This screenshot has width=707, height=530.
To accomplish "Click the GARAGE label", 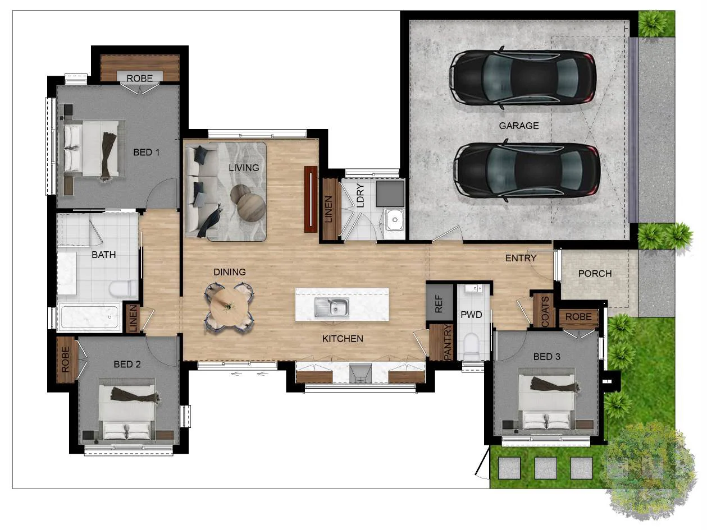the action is point(518,126).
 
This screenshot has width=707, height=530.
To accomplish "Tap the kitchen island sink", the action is point(331,307).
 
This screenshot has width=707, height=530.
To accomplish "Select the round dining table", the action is point(229,306).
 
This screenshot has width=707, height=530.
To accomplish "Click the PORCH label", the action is point(595,273).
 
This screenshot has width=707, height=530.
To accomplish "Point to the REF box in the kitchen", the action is point(439,302).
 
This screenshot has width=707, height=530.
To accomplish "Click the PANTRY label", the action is point(448,342).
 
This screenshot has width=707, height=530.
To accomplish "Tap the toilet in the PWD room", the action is point(471,347).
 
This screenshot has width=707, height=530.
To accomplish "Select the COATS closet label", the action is point(545,311).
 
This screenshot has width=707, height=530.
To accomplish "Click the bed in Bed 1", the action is point(94,149).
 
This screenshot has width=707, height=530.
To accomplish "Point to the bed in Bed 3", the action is point(546,399).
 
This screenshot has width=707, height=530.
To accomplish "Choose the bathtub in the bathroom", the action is point(89,317).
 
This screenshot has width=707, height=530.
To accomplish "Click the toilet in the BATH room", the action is point(123,288).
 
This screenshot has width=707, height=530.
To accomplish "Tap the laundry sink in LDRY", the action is point(395,219).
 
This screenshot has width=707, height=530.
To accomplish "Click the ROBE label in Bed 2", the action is point(65,360).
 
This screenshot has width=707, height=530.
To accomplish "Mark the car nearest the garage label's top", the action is point(522,77).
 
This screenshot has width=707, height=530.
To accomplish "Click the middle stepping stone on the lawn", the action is point(546,468).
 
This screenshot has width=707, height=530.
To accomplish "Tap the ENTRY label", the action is point(521,258).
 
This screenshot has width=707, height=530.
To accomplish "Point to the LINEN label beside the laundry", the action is point(328,209).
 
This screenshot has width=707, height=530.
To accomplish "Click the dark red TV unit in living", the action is point(311,200).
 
